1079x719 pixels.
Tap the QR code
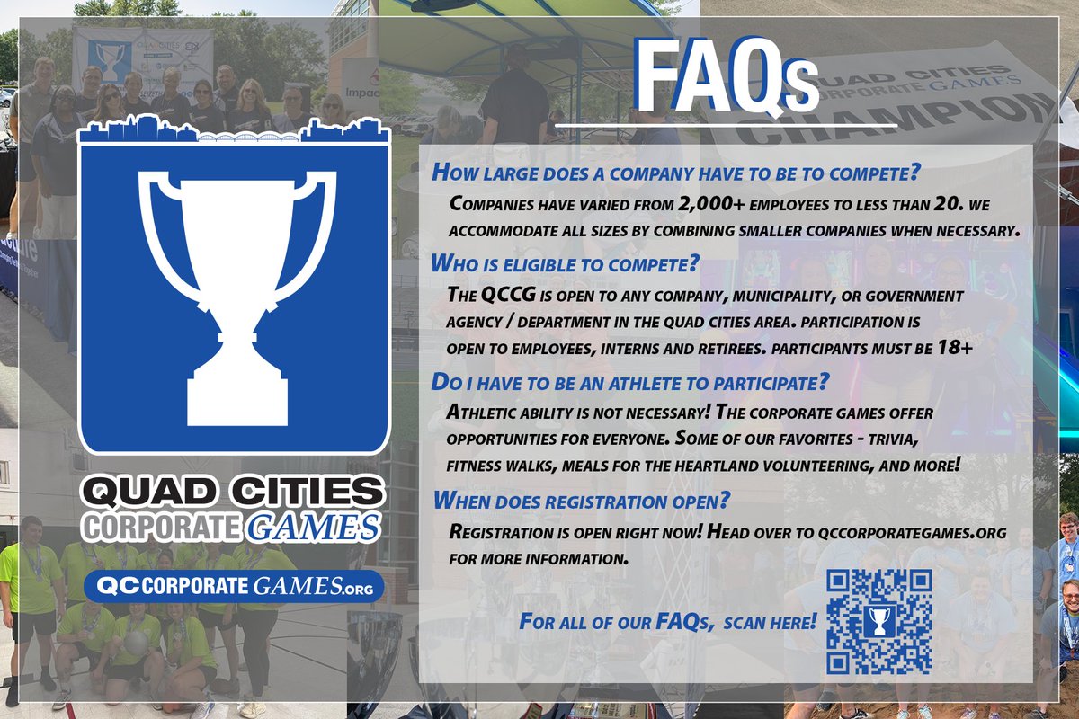[878, 620]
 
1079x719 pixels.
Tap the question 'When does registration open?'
[581, 499]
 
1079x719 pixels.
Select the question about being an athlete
[629, 382]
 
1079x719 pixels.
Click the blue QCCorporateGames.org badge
[234, 587]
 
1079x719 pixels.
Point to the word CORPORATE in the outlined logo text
[161, 527]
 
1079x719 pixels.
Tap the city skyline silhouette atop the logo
[234, 132]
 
